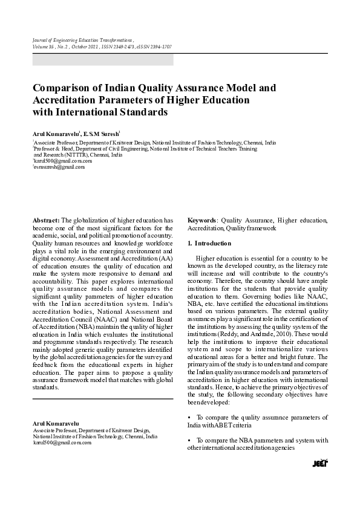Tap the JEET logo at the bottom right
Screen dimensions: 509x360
coord(319,462)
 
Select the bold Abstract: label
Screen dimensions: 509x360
coord(46,221)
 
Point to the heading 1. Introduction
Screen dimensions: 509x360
coord(209,243)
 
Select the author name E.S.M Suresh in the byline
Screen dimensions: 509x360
coord(100,132)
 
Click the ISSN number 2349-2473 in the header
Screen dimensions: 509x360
coord(117,46)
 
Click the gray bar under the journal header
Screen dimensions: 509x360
coord(102,60)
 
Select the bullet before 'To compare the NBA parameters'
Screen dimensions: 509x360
coord(190,440)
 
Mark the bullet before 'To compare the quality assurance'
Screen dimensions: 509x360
coord(190,417)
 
